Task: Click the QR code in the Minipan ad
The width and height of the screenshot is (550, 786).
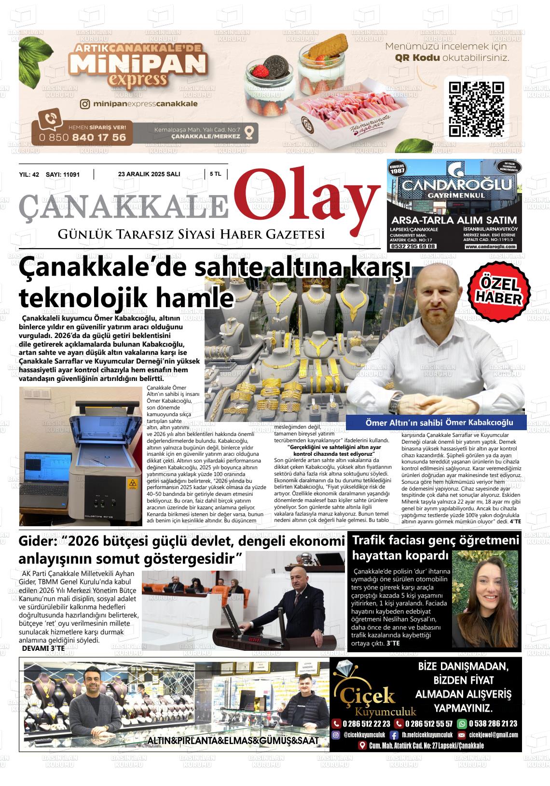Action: coord(476,109)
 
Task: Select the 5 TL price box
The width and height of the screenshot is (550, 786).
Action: coord(215,174)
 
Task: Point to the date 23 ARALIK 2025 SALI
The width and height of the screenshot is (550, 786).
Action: coord(149,174)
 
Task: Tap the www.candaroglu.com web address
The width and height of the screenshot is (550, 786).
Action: coord(490,246)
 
